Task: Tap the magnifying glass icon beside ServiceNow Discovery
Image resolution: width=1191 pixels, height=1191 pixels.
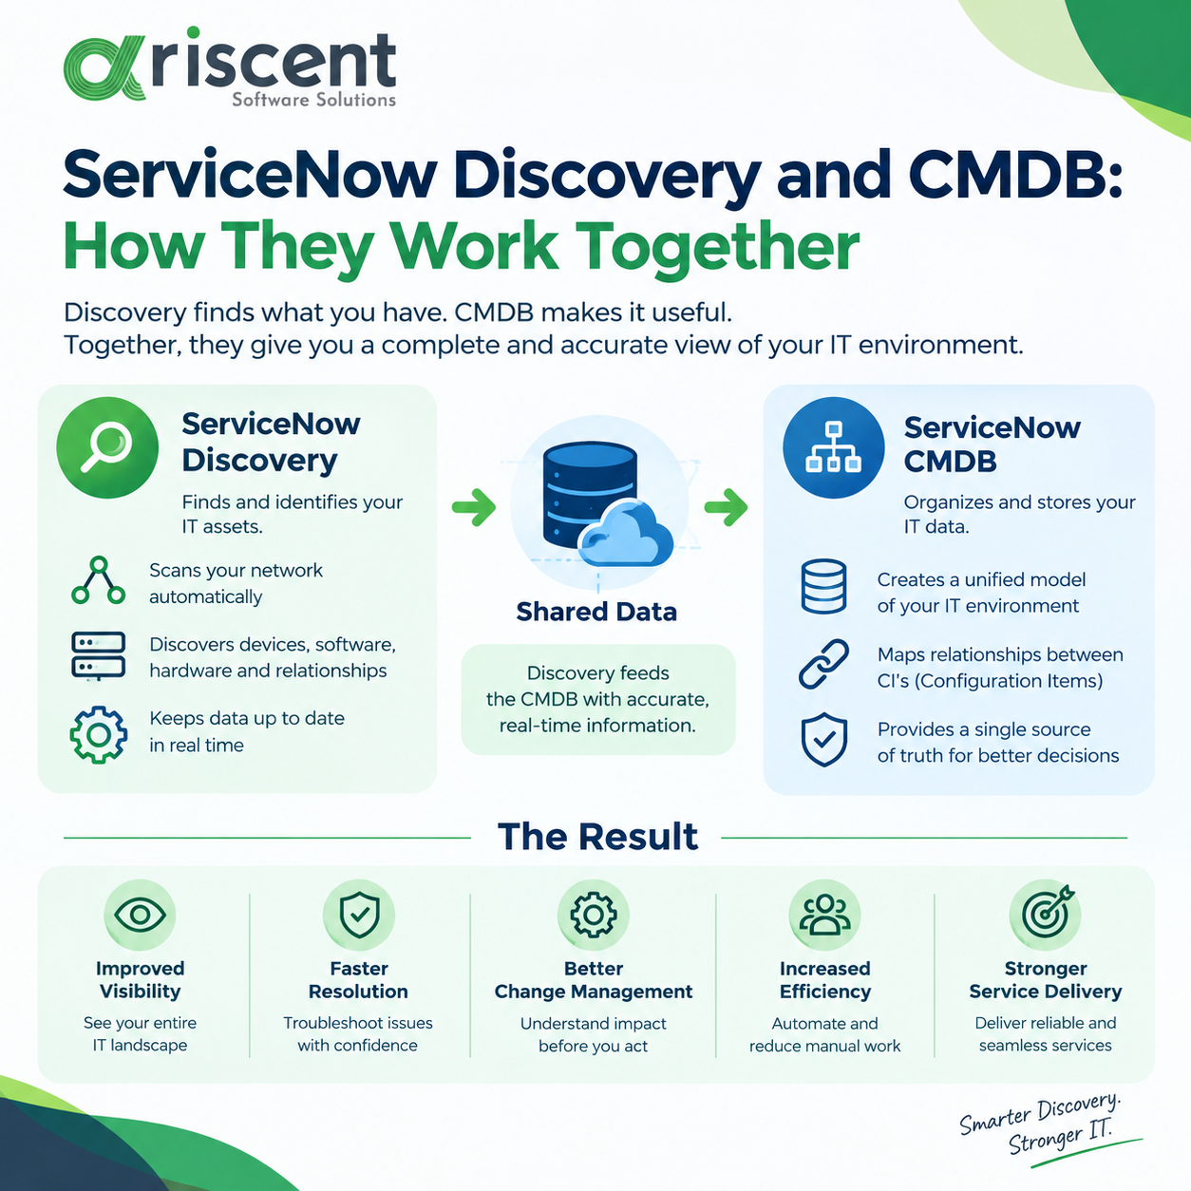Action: [106, 446]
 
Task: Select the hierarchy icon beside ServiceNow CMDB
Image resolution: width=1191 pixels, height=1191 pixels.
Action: [833, 446]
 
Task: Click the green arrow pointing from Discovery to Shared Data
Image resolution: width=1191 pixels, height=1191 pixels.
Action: [473, 507]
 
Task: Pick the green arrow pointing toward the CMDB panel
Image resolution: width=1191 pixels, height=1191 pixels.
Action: [727, 507]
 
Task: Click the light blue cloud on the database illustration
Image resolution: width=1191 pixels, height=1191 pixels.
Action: [626, 534]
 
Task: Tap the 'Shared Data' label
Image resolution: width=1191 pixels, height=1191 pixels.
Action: [596, 612]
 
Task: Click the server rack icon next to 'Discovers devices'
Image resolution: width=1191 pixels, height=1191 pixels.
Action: [98, 655]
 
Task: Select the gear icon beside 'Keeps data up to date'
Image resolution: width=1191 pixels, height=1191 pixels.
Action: [98, 734]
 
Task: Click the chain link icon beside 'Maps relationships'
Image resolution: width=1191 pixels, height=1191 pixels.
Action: [823, 664]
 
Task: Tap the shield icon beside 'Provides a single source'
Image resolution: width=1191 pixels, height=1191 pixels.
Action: [823, 740]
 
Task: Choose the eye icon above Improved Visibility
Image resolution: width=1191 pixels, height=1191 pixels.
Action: [140, 914]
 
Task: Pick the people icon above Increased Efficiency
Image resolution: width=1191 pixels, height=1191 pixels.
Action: [824, 914]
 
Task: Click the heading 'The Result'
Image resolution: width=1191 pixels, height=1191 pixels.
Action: [597, 837]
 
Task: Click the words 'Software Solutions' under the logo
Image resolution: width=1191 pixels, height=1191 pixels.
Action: [314, 100]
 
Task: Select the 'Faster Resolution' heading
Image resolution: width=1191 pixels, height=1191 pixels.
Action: [358, 979]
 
